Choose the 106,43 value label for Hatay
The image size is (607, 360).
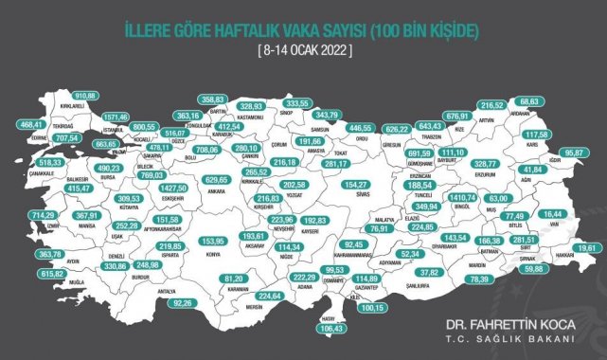[335, 329]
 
